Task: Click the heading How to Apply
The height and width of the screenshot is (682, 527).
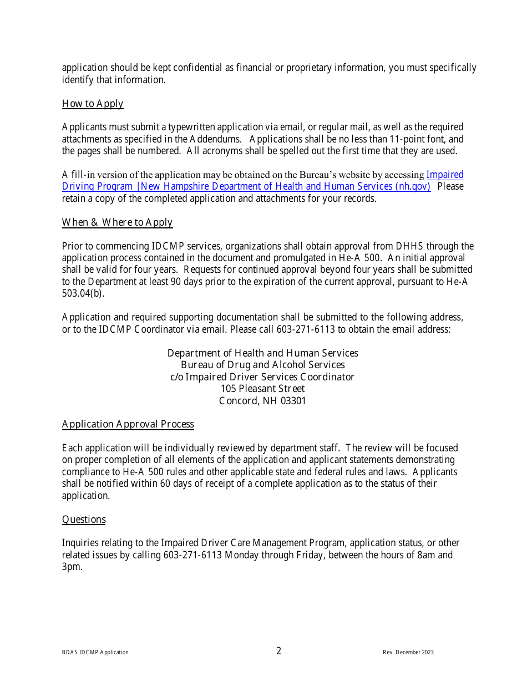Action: pyautogui.click(x=93, y=104)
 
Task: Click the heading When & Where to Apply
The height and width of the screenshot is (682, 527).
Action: pyautogui.click(x=117, y=222)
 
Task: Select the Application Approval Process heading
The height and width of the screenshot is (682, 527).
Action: pyautogui.click(x=128, y=424)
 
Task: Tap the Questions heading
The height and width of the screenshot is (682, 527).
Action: pyautogui.click(x=84, y=520)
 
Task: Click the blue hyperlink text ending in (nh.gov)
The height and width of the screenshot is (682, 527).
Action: pyautogui.click(x=246, y=187)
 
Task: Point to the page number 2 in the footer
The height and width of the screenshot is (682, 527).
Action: pyautogui.click(x=279, y=651)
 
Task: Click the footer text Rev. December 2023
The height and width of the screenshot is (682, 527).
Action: pyautogui.click(x=408, y=653)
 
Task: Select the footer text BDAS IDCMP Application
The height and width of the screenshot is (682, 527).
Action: pyautogui.click(x=95, y=653)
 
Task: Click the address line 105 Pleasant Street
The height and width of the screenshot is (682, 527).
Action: pyautogui.click(x=262, y=389)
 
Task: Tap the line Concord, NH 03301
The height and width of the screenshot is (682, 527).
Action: pyautogui.click(x=262, y=401)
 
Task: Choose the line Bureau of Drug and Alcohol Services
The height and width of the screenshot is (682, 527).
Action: pyautogui.click(x=262, y=365)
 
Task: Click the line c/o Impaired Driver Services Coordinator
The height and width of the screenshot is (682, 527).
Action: pyautogui.click(x=262, y=377)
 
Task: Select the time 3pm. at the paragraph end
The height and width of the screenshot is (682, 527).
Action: pyautogui.click(x=72, y=567)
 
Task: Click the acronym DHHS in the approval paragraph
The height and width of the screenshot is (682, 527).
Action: pyautogui.click(x=409, y=246)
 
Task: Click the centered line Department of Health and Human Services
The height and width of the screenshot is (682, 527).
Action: pyautogui.click(x=262, y=353)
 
